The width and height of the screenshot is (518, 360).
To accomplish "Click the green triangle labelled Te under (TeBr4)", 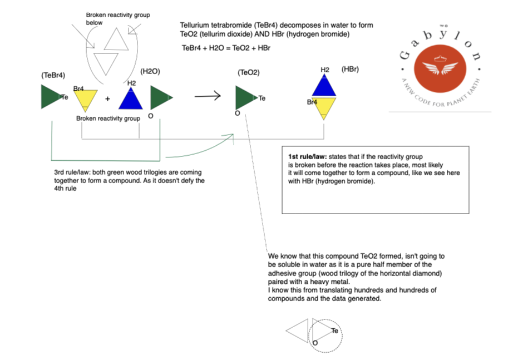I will pyautogui.click(x=50, y=97).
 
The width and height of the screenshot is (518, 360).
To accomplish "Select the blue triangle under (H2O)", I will pyautogui.click(x=131, y=98).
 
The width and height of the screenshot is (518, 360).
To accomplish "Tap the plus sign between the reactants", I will pyautogui.click(x=107, y=99).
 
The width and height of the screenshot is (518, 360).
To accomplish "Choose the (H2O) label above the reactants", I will pyautogui.click(x=151, y=71).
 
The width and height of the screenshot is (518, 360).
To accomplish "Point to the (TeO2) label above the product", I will pyautogui.click(x=248, y=72).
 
